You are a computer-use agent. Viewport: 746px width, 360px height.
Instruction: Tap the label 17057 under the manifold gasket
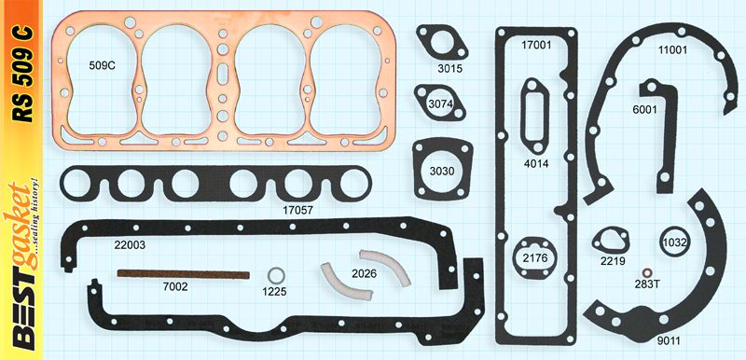point(297,210)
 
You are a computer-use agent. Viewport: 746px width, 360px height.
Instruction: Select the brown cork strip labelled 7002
point(183,274)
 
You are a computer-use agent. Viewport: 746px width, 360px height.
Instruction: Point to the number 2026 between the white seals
point(364,273)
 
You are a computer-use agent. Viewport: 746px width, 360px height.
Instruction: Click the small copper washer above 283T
point(646,273)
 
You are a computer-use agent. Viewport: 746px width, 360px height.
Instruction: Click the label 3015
point(450,68)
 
